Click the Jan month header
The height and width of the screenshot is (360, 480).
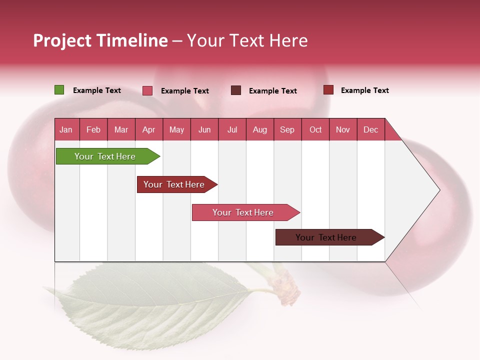66,129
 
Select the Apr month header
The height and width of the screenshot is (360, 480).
148,129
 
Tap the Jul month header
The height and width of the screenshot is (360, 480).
232,129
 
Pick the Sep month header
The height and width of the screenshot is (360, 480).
287,129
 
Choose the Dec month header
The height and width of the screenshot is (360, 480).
370,129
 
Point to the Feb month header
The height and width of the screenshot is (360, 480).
93,129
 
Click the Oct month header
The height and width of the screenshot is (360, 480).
315,129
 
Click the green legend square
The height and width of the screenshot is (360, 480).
59,90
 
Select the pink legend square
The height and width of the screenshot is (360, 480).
147,90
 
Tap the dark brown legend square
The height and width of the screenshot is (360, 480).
236,90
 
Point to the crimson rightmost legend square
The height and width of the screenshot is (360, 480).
328,90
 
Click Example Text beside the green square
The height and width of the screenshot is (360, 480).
97,90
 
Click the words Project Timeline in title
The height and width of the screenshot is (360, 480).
100,40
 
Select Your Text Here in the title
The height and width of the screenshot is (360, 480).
247,40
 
